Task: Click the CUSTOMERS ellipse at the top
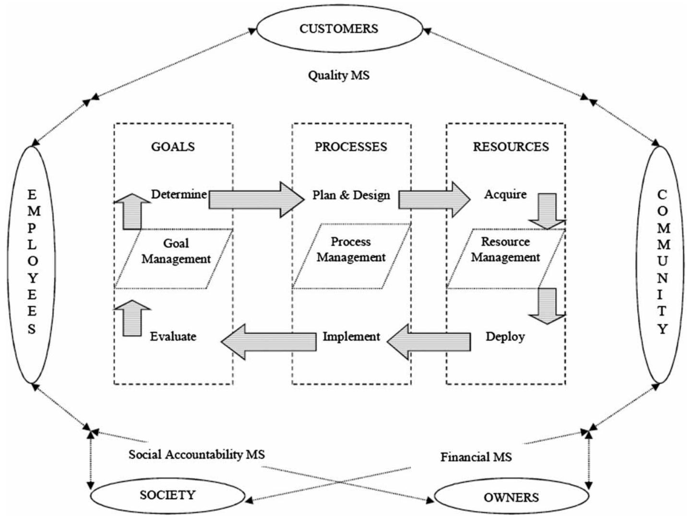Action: (339, 29)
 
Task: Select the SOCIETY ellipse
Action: (167, 495)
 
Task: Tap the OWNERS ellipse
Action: (511, 497)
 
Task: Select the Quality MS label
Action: (339, 75)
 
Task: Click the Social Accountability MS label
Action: (196, 454)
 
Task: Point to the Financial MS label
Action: (476, 457)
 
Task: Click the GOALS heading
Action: (173, 147)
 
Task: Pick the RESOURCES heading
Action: (511, 147)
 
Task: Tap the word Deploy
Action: (505, 337)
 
